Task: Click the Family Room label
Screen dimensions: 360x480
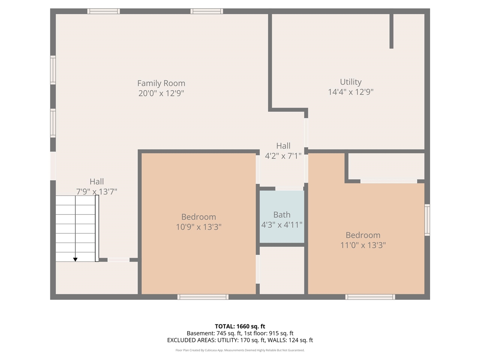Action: (x=161, y=83)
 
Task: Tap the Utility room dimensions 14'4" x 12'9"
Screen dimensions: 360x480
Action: (x=351, y=92)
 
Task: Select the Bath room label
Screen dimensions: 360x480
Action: (x=282, y=214)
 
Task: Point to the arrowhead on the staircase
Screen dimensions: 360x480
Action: (x=75, y=259)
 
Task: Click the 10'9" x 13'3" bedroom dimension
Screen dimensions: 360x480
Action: (x=198, y=227)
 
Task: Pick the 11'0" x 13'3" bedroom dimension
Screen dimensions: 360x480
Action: (x=363, y=245)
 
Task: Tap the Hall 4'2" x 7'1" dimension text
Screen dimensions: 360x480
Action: (x=283, y=156)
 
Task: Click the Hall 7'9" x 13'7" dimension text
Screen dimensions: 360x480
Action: (x=96, y=192)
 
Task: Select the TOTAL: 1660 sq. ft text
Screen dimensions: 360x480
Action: (x=240, y=326)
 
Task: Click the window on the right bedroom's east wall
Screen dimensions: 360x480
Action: (x=427, y=220)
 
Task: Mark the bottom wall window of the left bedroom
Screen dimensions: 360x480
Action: (x=203, y=297)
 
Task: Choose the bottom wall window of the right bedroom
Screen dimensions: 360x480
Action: (x=370, y=297)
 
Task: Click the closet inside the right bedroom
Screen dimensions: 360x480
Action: (x=386, y=166)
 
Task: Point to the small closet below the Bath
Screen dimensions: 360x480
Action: (x=282, y=270)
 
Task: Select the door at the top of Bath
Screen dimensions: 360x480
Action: (x=289, y=189)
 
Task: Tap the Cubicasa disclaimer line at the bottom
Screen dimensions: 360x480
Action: (x=240, y=350)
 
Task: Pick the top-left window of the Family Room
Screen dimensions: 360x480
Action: (x=104, y=11)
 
